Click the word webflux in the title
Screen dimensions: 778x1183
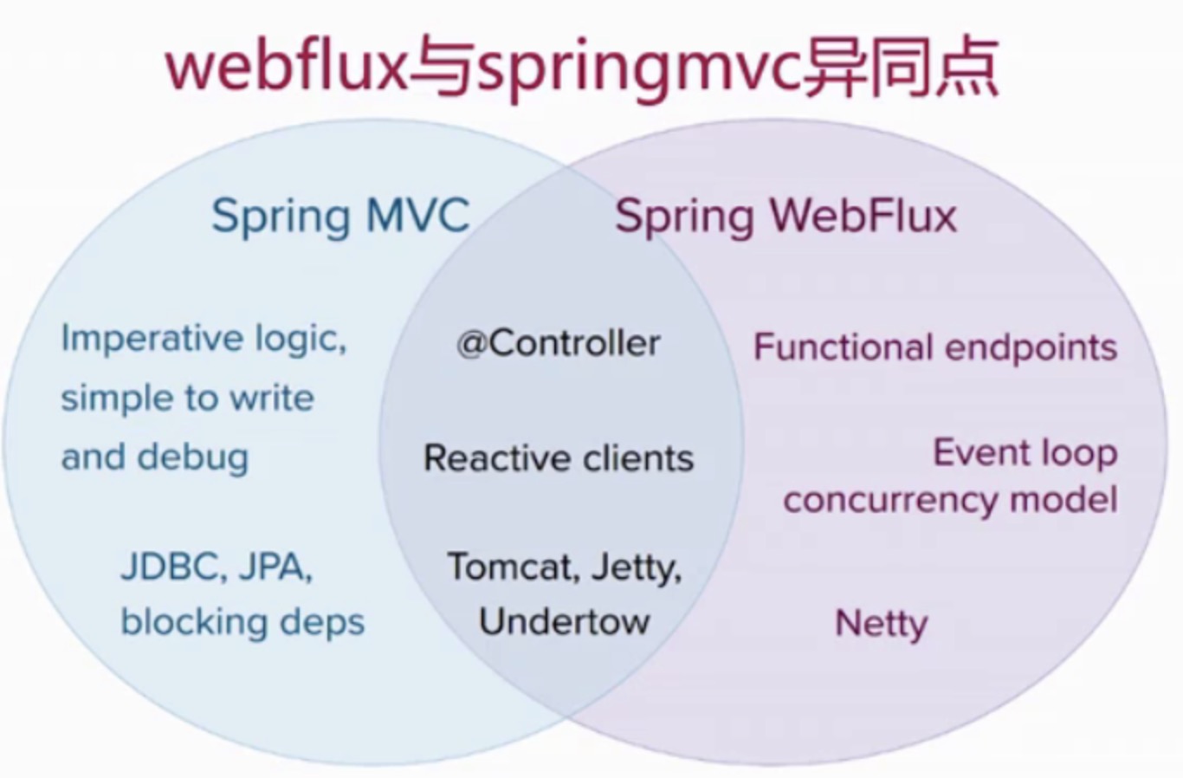tap(285, 67)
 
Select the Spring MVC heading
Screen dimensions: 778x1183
tap(340, 216)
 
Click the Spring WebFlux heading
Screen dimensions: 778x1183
tap(785, 216)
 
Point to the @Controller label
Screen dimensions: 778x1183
tap(559, 344)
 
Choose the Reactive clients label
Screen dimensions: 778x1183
tap(559, 458)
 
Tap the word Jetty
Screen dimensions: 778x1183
tap(637, 568)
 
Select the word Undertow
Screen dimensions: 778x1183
tap(564, 621)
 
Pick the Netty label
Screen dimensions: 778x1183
tap(881, 624)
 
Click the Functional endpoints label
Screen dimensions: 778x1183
tap(935, 347)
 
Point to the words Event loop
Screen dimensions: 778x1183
tap(1025, 453)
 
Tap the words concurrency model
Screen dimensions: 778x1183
tap(950, 501)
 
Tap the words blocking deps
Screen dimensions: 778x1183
tap(242, 622)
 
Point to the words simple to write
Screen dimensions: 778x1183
tap(187, 398)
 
